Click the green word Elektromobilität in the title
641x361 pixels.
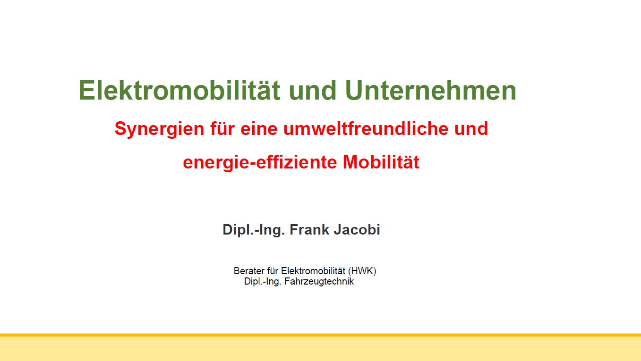179,90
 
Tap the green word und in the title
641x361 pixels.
313,90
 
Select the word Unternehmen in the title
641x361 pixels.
431,90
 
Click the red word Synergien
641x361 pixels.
159,129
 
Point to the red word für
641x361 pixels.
222,128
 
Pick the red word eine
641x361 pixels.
259,129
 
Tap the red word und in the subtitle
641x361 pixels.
471,128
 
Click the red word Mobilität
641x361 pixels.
381,162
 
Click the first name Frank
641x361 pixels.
309,229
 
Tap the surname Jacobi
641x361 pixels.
357,229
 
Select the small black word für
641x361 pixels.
273,271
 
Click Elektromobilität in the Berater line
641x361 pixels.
313,271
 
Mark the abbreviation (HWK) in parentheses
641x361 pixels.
362,271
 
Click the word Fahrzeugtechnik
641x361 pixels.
319,282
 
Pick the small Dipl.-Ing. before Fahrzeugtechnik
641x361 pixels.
263,282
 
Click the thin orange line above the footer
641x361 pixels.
320,335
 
